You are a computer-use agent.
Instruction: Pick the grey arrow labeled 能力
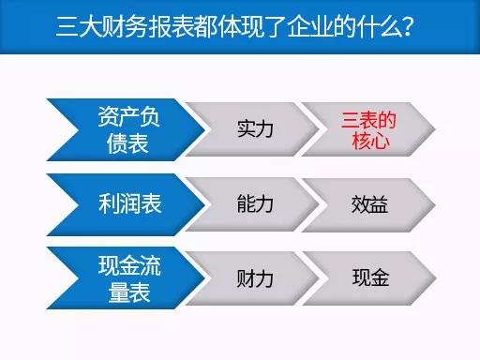click(255, 202)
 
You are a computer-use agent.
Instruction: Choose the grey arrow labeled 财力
click(255, 278)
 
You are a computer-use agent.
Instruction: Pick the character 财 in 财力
click(244, 278)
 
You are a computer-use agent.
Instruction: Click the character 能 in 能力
click(244, 202)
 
